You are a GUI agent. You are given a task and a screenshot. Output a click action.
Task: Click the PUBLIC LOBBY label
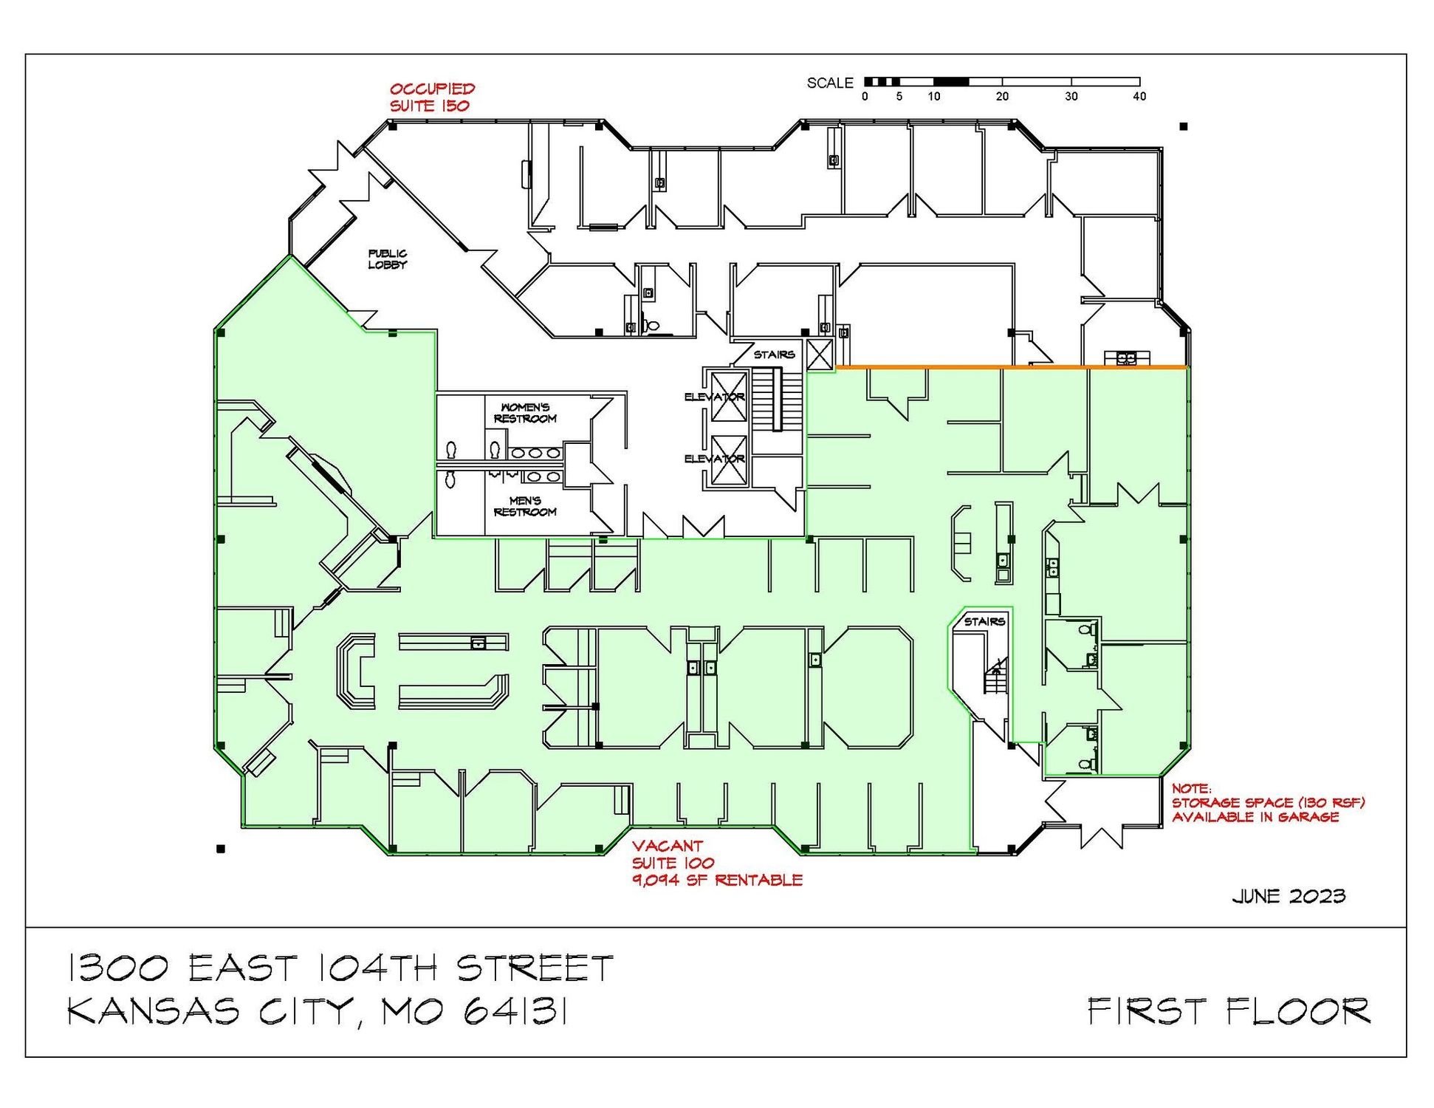tap(387, 259)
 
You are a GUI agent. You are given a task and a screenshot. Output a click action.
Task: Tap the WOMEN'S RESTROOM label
tap(525, 413)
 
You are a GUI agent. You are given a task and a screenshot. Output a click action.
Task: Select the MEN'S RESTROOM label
tap(525, 507)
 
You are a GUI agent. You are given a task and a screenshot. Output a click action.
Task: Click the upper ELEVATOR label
tap(714, 397)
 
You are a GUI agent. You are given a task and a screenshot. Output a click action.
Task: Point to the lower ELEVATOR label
tap(714, 459)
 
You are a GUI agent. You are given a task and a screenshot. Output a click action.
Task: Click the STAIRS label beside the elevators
tap(774, 355)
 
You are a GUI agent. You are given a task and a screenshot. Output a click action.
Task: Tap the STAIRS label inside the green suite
tap(984, 621)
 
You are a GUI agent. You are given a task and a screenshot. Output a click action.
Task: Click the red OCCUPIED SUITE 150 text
tap(432, 97)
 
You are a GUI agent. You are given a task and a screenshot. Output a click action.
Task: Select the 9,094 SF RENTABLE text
tap(717, 880)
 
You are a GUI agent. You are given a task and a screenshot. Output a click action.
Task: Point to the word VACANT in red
tap(668, 846)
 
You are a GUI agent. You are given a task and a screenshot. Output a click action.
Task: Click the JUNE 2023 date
tap(1289, 896)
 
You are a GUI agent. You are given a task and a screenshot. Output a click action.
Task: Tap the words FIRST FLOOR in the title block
tap(1229, 1010)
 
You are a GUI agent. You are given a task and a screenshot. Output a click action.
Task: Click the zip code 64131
tap(515, 1011)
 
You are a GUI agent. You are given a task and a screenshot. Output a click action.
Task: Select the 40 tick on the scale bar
tap(1139, 96)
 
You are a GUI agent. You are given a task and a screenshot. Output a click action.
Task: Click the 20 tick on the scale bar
tap(1002, 96)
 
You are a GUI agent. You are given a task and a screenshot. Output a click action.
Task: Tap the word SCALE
tap(830, 83)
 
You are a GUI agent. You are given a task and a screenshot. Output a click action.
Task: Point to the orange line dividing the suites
tap(1012, 366)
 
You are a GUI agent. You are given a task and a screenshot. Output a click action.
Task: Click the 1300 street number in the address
tap(118, 968)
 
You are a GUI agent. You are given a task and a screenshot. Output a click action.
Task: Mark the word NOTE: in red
tap(1191, 789)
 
